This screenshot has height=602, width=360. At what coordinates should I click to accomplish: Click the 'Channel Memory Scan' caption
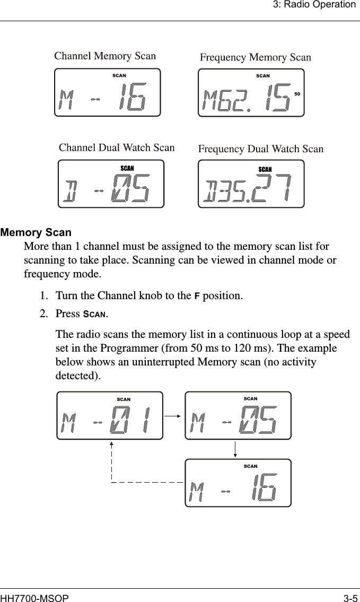click(105, 56)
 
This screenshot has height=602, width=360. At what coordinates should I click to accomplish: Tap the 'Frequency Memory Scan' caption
click(255, 57)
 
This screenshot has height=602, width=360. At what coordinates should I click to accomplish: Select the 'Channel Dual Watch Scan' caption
click(116, 147)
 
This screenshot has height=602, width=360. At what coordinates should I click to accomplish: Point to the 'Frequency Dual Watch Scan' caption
click(260, 149)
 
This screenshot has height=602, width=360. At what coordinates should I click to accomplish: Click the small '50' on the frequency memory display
click(297, 94)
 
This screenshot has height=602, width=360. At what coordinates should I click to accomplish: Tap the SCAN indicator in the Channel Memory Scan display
click(119, 76)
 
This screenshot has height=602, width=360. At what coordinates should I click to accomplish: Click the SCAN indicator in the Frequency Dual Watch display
click(265, 170)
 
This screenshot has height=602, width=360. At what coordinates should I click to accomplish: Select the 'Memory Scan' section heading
click(36, 233)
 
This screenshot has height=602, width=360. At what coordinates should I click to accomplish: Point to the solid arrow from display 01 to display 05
click(173, 416)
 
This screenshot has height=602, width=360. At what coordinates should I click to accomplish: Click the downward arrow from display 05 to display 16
click(235, 449)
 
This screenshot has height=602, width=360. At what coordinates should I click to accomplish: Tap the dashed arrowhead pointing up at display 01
click(112, 444)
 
